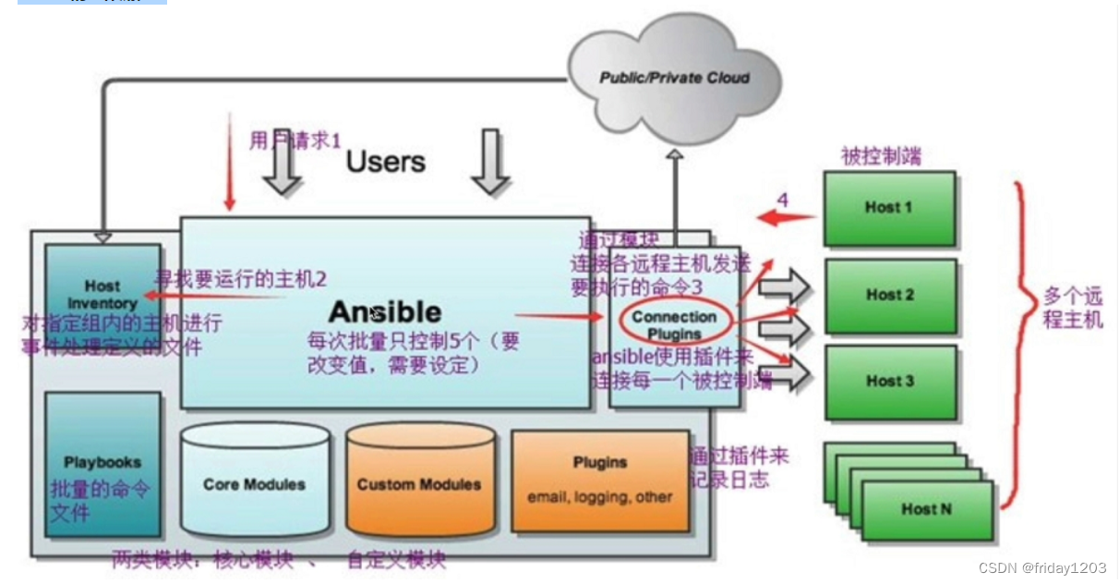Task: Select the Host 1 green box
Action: pyautogui.click(x=889, y=208)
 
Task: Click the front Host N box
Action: pyautogui.click(x=926, y=509)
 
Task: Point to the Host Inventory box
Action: pyautogui.click(x=102, y=294)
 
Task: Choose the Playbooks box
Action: pyautogui.click(x=102, y=462)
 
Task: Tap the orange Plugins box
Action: pyautogui.click(x=600, y=480)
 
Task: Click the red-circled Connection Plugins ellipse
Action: pyautogui.click(x=674, y=324)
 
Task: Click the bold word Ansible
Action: pyautogui.click(x=385, y=311)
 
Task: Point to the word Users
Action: pyautogui.click(x=385, y=162)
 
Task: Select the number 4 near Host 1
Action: pyautogui.click(x=782, y=200)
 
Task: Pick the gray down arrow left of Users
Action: pyautogui.click(x=282, y=166)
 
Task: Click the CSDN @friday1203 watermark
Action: pyautogui.click(x=1042, y=568)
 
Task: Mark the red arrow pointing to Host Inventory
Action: pyautogui.click(x=212, y=297)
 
